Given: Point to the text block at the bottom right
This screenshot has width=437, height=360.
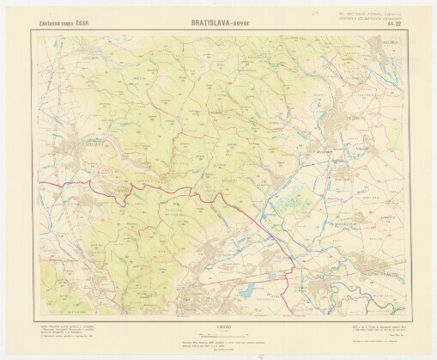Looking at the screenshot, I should click(369, 331).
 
